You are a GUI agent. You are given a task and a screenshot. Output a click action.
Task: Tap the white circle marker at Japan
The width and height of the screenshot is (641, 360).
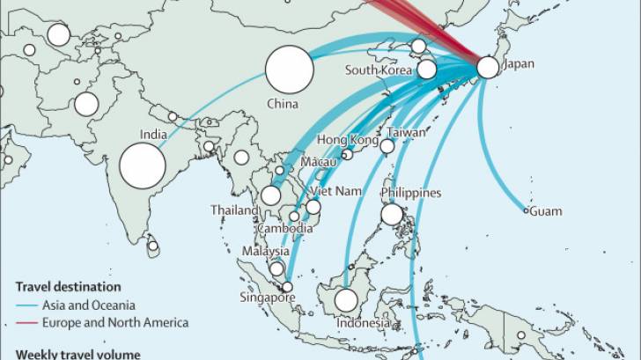pos(488,66)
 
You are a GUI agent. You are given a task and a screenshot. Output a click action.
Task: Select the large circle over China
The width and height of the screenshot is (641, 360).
pos(290,70)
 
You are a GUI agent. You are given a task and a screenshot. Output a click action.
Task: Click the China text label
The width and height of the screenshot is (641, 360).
pos(284,104)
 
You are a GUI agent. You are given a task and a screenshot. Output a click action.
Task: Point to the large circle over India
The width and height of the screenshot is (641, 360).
pos(143,165)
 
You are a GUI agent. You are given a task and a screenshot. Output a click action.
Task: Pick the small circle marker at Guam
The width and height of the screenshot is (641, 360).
pos(527,210)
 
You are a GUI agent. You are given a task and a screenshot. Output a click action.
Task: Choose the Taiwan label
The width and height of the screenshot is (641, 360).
pos(406,133)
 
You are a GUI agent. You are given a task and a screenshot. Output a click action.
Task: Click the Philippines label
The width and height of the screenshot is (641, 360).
pos(410,193)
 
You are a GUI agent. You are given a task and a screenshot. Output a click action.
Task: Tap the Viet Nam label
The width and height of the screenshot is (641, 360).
pos(336,191)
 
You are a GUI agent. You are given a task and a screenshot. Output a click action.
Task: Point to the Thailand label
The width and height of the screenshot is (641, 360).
pos(235,210)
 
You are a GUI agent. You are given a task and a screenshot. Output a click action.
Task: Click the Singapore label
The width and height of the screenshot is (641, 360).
pos(268,297)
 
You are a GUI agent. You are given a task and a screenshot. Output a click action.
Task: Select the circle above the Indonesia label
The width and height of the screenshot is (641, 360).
pos(347,300)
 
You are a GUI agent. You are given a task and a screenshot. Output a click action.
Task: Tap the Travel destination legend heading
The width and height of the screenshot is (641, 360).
pos(69,287)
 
